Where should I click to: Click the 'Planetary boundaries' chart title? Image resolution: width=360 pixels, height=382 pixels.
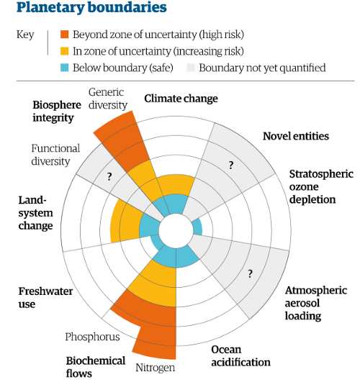pos(91,7)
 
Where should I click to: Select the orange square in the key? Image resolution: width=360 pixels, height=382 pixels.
pos(64,35)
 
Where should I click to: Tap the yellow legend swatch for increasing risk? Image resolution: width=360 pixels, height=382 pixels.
pos(64,51)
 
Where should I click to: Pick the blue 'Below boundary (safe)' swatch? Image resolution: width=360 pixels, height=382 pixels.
pos(64,68)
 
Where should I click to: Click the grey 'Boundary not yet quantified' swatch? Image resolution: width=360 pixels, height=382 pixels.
pos(191,68)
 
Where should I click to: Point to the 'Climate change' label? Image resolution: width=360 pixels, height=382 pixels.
pos(181,99)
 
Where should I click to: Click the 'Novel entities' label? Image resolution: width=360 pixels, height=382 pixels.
pos(296,136)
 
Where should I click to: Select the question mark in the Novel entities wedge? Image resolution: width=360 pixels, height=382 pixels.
pos(231,165)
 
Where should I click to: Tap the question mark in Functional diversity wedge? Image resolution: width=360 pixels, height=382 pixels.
pos(109,176)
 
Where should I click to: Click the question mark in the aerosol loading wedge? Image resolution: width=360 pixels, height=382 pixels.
pos(250,274)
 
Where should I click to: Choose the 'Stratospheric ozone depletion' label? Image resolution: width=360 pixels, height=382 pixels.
pos(321,186)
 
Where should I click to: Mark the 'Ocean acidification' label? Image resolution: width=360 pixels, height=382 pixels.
pos(240,356)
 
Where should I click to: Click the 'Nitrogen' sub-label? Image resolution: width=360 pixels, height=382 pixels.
pos(155,368)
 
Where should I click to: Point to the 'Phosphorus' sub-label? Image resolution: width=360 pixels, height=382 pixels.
pos(92,337)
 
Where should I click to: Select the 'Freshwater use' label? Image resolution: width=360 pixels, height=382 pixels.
pos(45,297)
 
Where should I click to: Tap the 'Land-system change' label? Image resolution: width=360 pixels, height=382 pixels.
pos(35,213)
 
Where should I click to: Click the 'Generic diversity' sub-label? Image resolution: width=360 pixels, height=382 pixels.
pos(108,99)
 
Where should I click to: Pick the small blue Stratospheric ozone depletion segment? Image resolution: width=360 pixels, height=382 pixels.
pos(197,227)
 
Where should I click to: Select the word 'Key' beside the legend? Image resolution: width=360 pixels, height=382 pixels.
pos(25,35)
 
